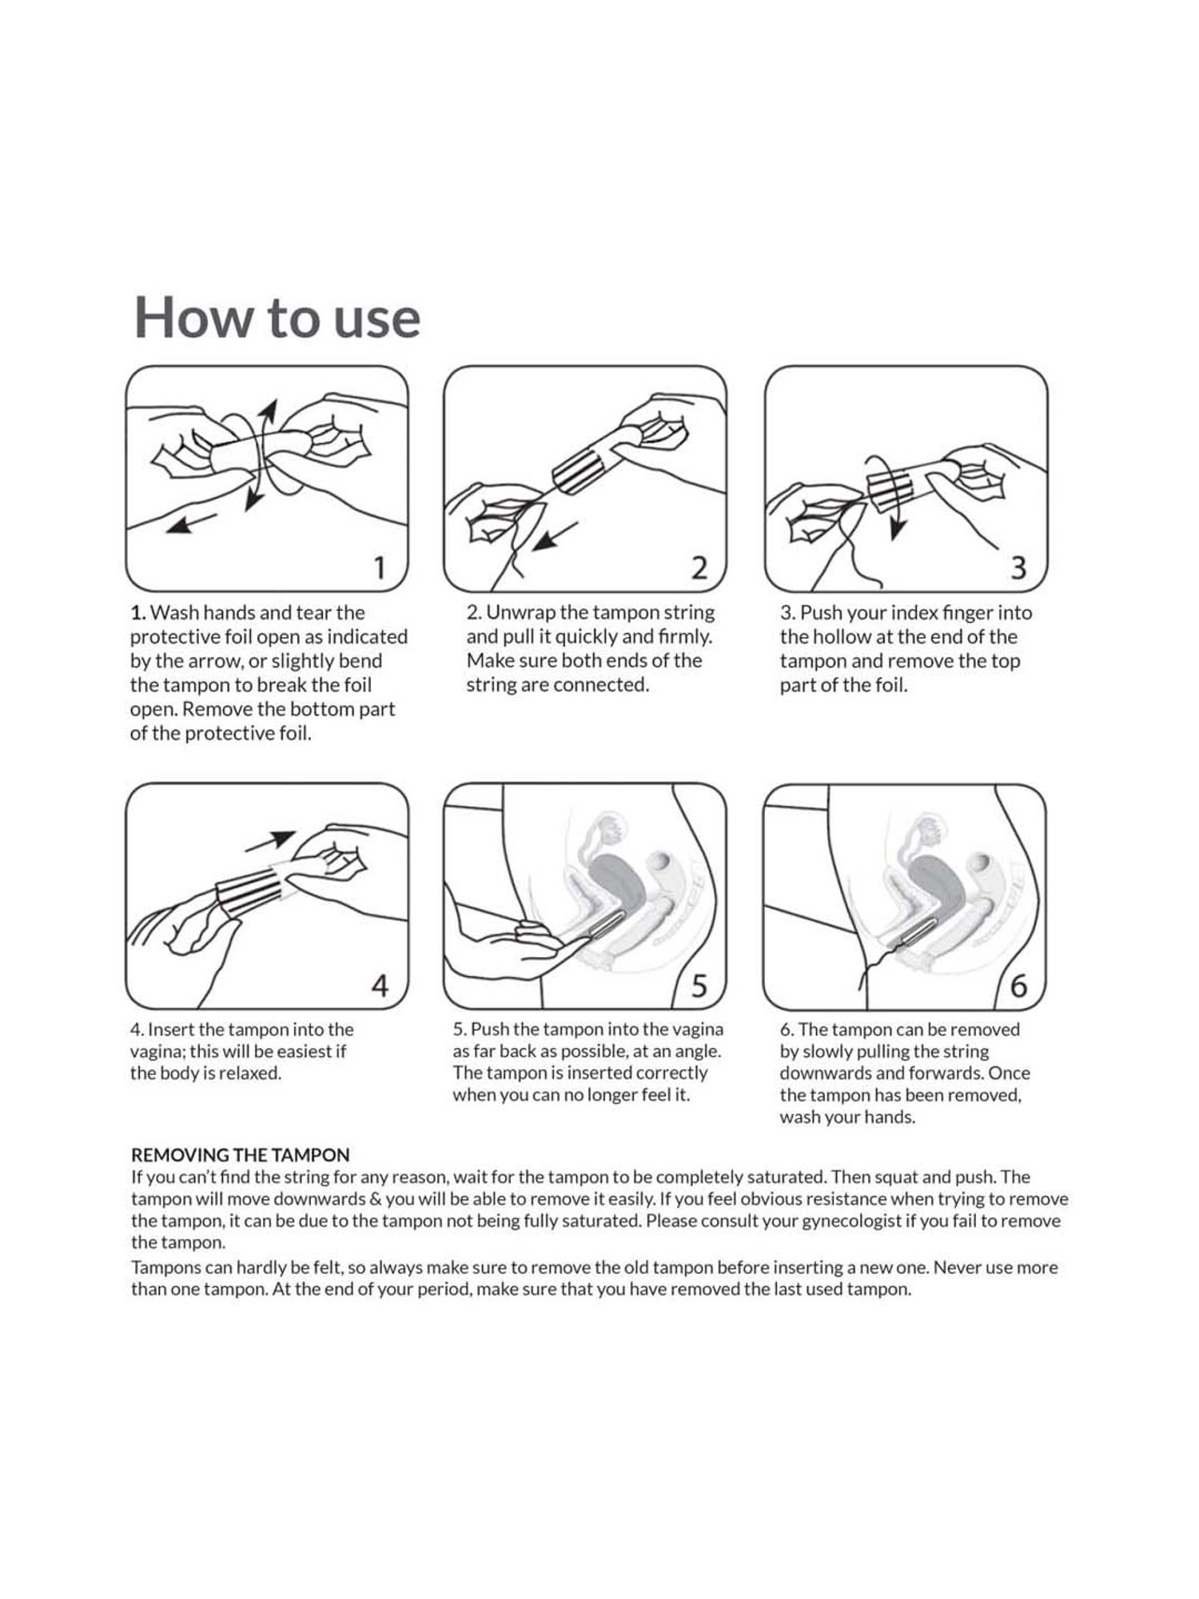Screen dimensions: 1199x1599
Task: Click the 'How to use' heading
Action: coord(277,317)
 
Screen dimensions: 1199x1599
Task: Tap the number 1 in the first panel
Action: coord(380,568)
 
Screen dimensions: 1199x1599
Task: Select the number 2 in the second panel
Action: coord(699,568)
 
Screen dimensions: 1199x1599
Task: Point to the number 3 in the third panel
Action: coord(1018,568)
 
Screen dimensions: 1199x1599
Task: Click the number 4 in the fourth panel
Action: coord(380,987)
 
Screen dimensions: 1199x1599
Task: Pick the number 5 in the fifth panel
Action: coord(699,987)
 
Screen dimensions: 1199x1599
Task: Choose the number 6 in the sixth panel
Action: coord(1018,987)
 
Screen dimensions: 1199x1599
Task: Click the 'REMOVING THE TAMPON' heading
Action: coord(241,1155)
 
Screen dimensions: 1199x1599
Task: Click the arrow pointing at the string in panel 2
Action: coord(556,536)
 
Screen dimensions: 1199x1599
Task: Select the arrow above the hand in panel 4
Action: coord(270,841)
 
